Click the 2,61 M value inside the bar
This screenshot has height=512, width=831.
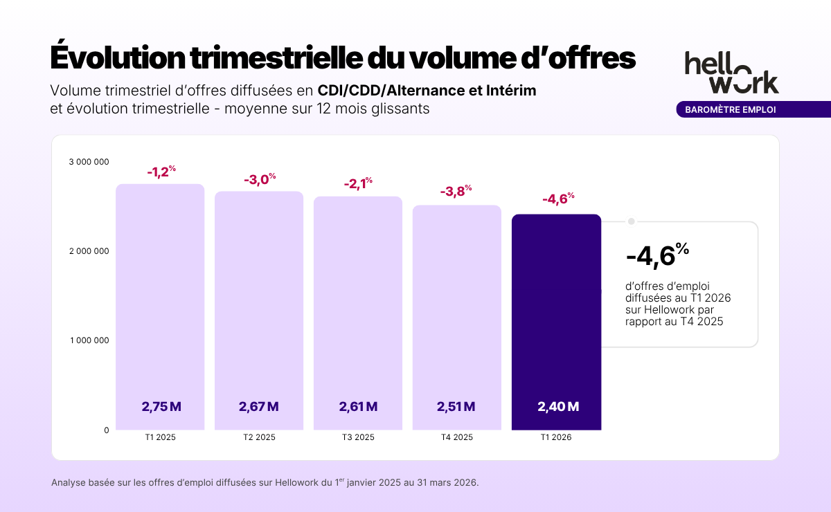click(358, 407)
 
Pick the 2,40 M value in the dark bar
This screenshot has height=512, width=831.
click(558, 407)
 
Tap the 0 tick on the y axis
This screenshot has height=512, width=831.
click(107, 430)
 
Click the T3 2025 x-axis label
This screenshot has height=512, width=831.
click(358, 438)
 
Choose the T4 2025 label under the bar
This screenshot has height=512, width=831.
click(457, 438)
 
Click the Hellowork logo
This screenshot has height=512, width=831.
click(731, 72)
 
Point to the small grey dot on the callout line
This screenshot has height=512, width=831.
click(631, 221)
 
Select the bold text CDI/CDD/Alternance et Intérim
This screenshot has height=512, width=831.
click(427, 91)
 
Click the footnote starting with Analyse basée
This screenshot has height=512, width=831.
click(265, 482)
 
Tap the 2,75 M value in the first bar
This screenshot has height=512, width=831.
click(161, 407)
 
